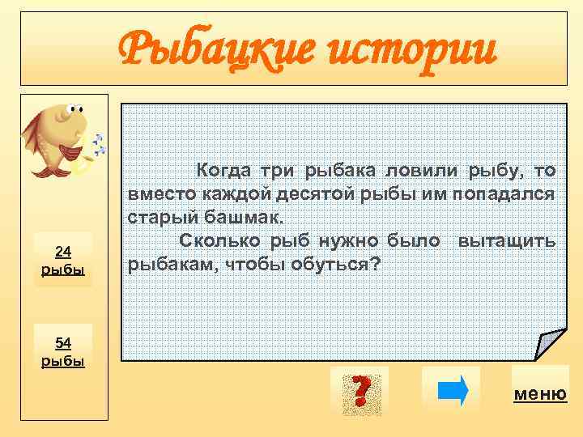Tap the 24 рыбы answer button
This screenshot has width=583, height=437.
[x=63, y=260]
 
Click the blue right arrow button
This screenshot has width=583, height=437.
[x=452, y=390]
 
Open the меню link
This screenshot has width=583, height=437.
[x=539, y=394]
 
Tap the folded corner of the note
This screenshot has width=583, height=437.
[x=551, y=344]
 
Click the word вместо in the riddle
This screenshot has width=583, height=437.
[x=155, y=194]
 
